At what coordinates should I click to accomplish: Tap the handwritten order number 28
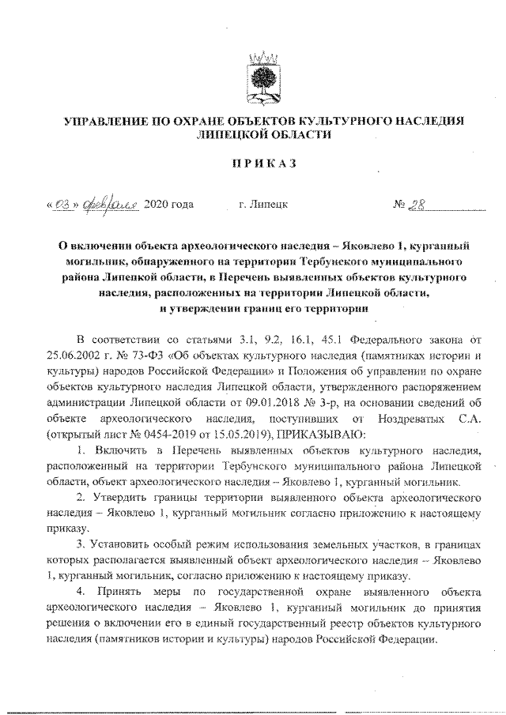(x=417, y=204)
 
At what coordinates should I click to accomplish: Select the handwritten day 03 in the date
(x=63, y=205)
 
